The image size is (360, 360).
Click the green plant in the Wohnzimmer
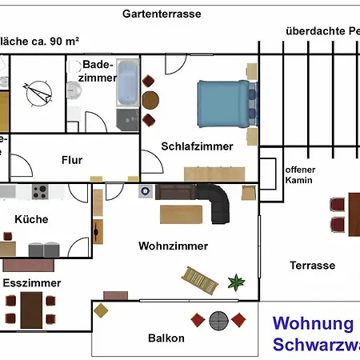(x=236, y=282)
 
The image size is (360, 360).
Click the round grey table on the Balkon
(x=218, y=321)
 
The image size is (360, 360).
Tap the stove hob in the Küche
(x=40, y=192)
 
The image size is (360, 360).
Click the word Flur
(x=72, y=160)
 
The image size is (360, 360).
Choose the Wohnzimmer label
(x=173, y=246)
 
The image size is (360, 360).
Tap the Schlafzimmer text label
(x=197, y=146)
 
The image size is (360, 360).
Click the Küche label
(x=31, y=218)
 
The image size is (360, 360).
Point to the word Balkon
(x=166, y=338)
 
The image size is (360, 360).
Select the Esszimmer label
(x=32, y=282)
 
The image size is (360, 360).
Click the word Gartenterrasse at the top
(x=162, y=14)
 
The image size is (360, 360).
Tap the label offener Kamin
(x=300, y=175)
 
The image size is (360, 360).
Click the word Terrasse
(x=312, y=265)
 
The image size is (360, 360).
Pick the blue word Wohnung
(x=313, y=324)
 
